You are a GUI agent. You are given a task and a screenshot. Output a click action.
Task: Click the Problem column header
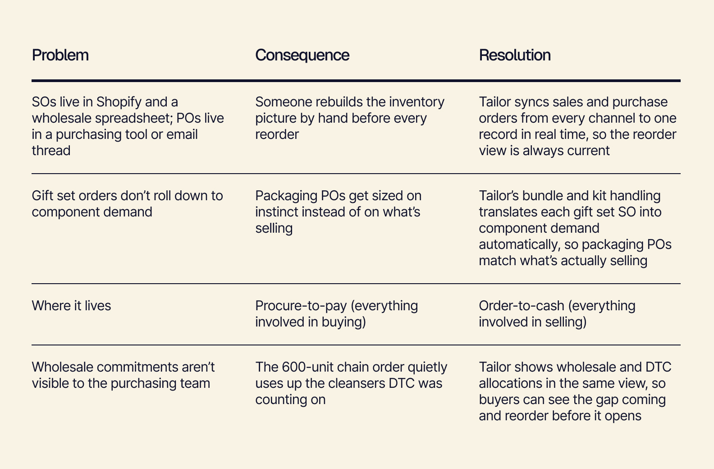pos(60,55)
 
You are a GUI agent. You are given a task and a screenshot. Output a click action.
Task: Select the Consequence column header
pos(302,55)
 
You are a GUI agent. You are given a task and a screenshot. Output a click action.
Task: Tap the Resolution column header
pos(515,55)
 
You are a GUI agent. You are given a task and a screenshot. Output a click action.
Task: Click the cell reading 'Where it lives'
pos(71,306)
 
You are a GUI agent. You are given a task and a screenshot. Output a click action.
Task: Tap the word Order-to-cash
pos(522,306)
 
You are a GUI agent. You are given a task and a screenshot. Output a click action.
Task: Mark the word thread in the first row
pos(51,151)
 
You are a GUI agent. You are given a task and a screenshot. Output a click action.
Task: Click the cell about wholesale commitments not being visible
pos(124,375)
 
